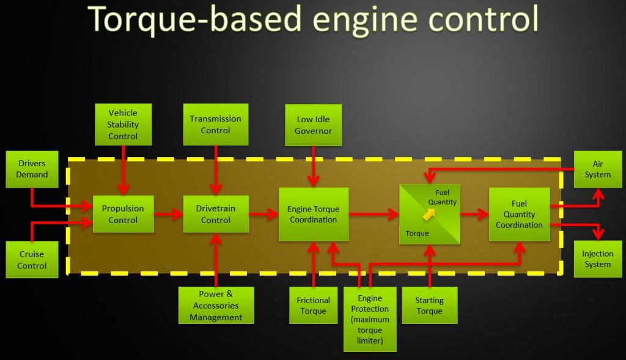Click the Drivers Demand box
pos(32,169)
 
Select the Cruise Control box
pos(32,260)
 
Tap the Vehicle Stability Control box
pos(123,125)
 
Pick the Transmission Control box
pos(215,125)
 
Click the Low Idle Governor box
pos(313,125)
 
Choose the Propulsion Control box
pos(123,214)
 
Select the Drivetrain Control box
pos(216,214)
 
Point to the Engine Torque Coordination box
pos(313,214)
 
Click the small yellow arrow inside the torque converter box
pos(429,214)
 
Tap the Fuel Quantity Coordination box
pos(519,214)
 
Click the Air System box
pos(597,169)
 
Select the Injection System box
pos(597,259)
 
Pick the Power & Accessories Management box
pos(216,306)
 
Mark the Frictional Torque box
pos(313,306)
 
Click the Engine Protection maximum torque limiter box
pos(370,319)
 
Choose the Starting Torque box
pos(429,306)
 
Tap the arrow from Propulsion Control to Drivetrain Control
pos(169,214)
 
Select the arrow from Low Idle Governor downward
pos(313,166)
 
